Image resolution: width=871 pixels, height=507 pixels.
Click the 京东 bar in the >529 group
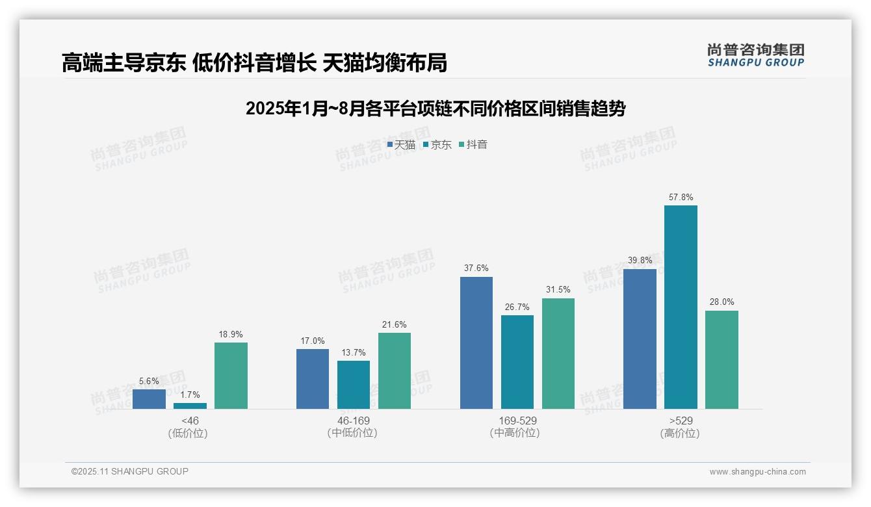[x=681, y=307]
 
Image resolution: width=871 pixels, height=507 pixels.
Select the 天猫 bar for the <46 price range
[x=149, y=399]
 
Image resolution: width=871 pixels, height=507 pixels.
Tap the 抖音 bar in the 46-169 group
[x=395, y=370]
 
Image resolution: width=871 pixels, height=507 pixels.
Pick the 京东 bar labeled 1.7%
[x=190, y=406]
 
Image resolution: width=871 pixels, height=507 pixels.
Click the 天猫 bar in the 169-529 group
[x=476, y=343]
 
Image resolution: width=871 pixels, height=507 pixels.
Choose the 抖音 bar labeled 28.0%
[x=721, y=359]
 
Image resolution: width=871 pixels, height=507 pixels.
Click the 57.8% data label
[x=681, y=197]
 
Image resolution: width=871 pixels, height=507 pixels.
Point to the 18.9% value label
[x=231, y=334]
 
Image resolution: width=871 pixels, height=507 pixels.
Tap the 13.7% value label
[x=354, y=352]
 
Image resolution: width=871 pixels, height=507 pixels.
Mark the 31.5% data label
[x=558, y=290]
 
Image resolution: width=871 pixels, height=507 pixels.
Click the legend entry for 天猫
[x=401, y=144]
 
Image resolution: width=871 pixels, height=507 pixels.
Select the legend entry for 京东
[x=437, y=144]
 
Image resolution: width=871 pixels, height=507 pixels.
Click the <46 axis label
[x=190, y=421]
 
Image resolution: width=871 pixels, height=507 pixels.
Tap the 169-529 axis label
[x=517, y=421]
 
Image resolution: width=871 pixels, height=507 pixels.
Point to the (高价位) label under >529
[x=681, y=433]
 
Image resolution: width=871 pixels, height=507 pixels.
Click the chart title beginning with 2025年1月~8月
[x=435, y=109]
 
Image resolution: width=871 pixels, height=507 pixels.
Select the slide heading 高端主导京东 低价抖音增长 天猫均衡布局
[x=254, y=62]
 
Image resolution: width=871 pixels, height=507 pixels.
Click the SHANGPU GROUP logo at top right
[x=755, y=55]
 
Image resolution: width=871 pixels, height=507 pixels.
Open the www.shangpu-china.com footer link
[x=757, y=471]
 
